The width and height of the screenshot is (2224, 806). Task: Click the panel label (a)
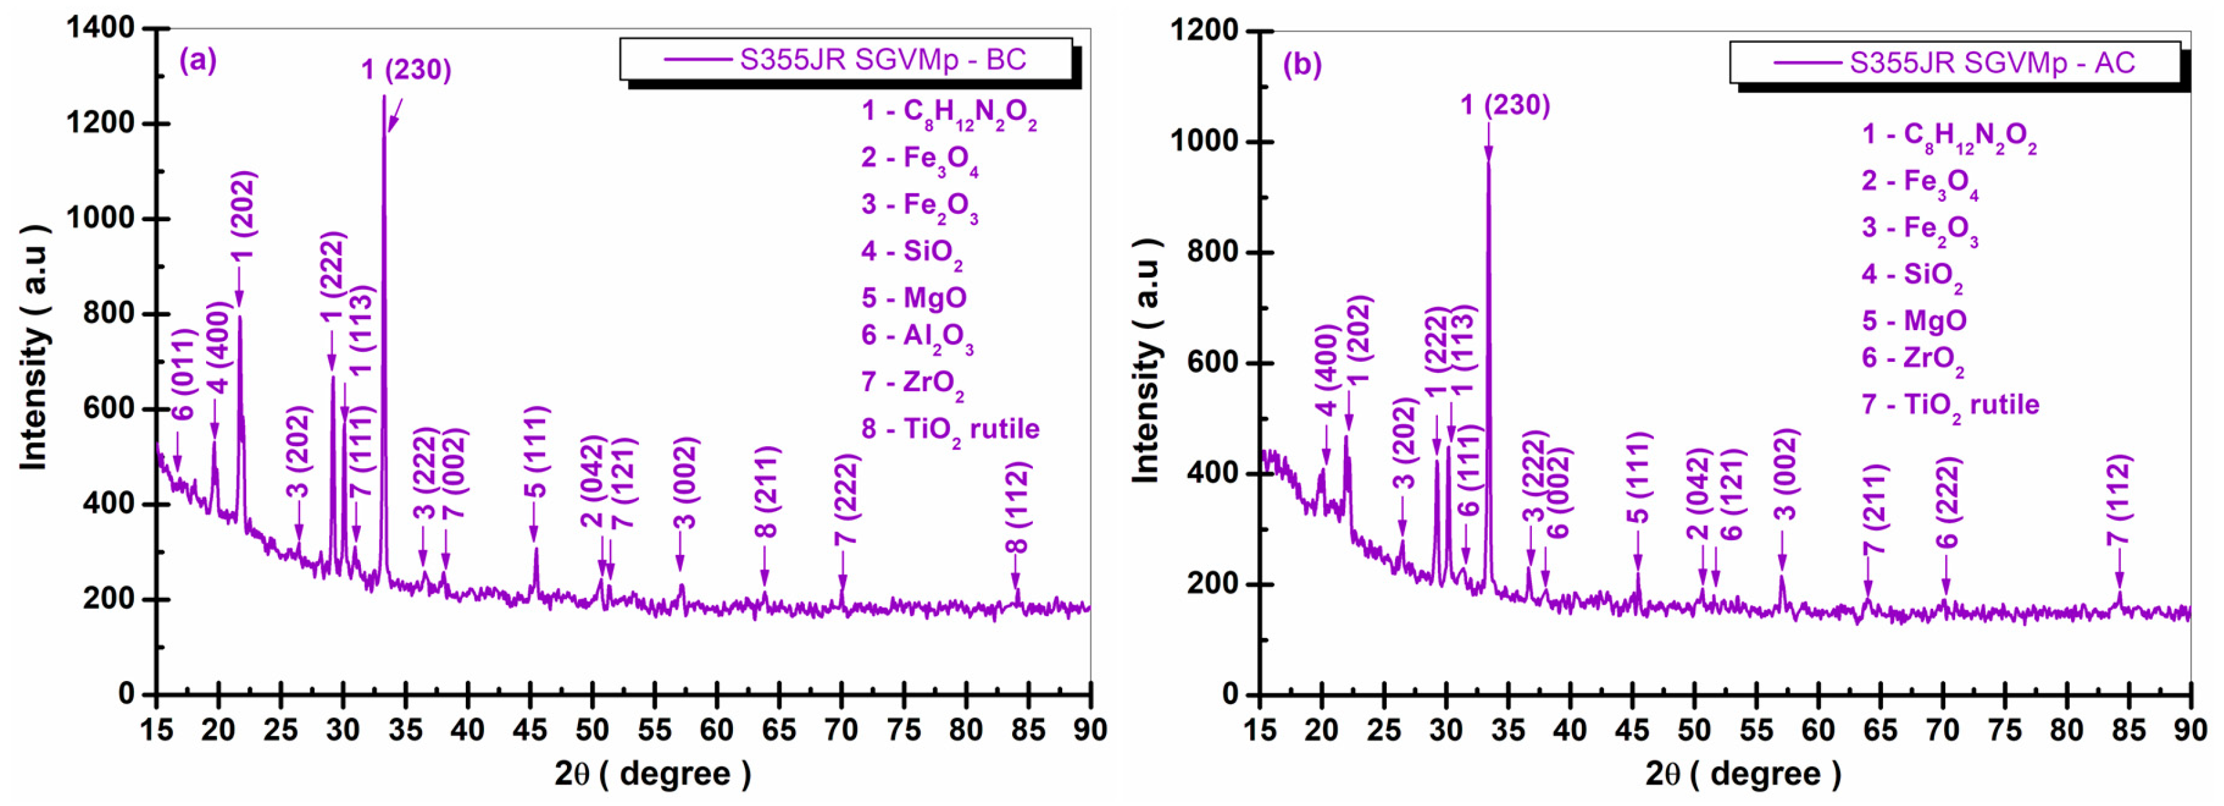[198, 60]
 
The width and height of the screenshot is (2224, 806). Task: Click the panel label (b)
[1302, 65]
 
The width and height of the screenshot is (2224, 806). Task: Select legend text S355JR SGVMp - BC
[883, 60]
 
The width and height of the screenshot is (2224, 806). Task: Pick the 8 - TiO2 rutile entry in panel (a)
[950, 429]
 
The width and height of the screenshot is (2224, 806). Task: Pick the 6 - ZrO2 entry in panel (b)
[1912, 359]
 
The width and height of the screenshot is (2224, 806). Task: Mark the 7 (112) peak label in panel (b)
[2118, 499]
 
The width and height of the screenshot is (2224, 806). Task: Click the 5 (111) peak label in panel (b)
[1638, 477]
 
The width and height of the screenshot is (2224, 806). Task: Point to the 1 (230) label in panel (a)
[406, 70]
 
